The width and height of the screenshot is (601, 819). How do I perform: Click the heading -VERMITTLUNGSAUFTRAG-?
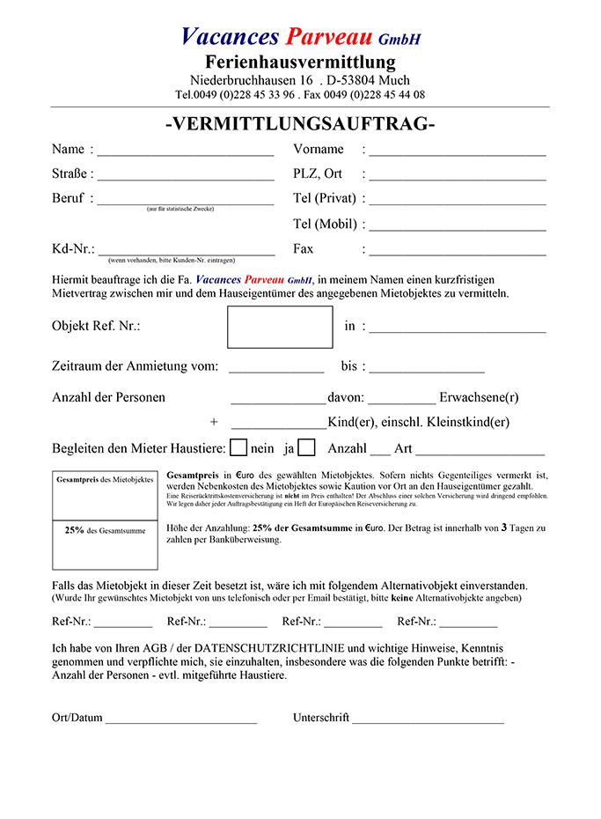(x=300, y=124)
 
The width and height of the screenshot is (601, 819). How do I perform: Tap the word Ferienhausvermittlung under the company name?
(x=300, y=62)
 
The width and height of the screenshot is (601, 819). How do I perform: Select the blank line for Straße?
(x=186, y=178)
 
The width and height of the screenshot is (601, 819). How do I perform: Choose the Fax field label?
(x=303, y=249)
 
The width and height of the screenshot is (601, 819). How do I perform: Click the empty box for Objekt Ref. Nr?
(x=280, y=327)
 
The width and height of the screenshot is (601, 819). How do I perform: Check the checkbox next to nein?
(x=238, y=447)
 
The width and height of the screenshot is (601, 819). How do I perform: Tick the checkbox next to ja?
(x=306, y=447)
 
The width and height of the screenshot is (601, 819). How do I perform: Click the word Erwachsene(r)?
(x=479, y=397)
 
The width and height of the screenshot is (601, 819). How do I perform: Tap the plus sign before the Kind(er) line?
(x=214, y=422)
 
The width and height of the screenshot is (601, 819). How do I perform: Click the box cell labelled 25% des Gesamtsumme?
(x=105, y=545)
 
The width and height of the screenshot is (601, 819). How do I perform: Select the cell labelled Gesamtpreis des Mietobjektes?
(x=105, y=495)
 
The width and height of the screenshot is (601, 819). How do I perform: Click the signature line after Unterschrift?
(x=428, y=721)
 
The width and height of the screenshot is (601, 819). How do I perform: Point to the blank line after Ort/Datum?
(x=180, y=721)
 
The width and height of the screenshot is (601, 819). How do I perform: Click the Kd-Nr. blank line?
(x=186, y=253)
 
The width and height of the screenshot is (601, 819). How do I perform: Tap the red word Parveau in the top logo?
(x=329, y=36)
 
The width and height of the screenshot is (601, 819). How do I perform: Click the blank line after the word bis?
(x=426, y=370)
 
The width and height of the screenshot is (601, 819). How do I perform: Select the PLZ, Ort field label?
(x=317, y=173)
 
